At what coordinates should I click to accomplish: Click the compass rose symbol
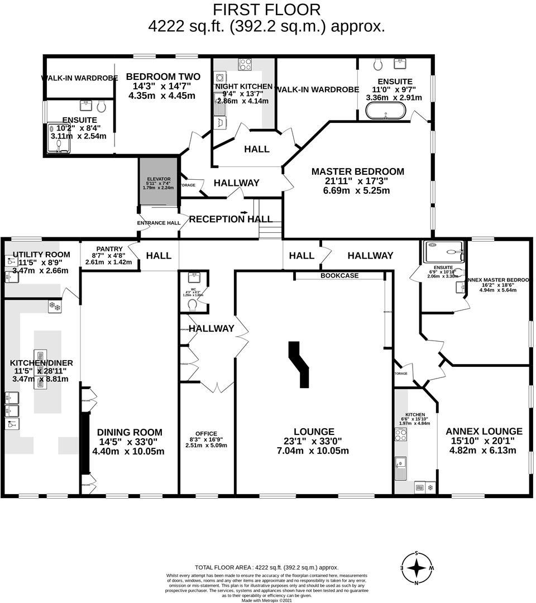417,568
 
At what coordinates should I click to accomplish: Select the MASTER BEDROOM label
357,171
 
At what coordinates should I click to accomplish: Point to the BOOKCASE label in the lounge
339,276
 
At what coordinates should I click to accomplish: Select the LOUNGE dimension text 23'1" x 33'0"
316,441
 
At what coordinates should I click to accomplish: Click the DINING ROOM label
130,432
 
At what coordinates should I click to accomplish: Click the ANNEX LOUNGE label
484,431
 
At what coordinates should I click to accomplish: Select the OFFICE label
206,433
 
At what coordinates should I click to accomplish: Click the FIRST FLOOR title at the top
267,9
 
